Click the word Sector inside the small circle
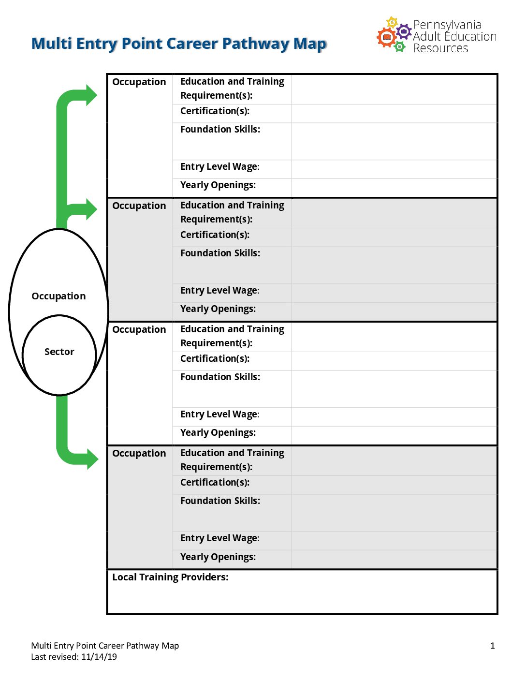tap(59, 352)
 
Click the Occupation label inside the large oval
tap(58, 296)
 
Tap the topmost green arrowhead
tap(91, 95)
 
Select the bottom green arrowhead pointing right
tap(92, 459)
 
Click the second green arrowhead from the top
tap(91, 209)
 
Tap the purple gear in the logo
tap(404, 31)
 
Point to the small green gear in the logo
tap(399, 47)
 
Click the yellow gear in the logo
tap(392, 23)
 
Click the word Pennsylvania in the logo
tap(447, 25)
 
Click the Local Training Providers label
tap(170, 577)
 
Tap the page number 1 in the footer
tap(493, 645)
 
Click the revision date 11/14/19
tap(99, 656)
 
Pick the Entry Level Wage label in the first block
tap(219, 167)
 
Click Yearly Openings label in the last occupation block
tap(218, 557)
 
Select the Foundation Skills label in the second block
tap(220, 253)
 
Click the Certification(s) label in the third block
tap(215, 358)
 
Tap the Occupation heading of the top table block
tap(139, 82)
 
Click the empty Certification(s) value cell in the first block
tap(394, 114)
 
